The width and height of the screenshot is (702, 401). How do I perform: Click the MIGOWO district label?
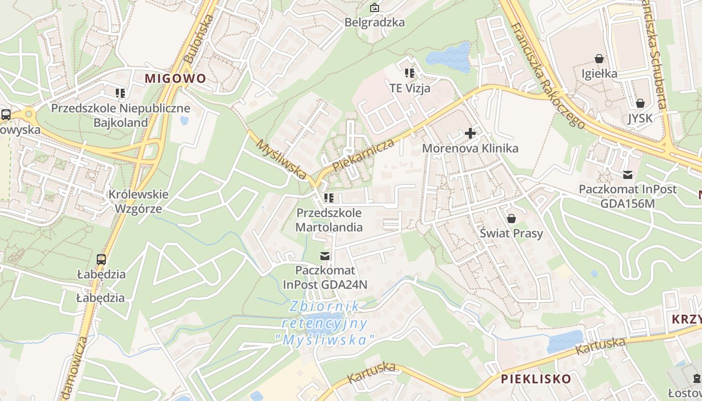tap(175, 79)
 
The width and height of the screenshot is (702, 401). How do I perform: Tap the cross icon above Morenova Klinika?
tap(470, 133)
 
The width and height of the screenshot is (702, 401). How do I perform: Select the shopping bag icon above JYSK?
tap(640, 104)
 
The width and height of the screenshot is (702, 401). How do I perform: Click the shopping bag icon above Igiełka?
tap(599, 59)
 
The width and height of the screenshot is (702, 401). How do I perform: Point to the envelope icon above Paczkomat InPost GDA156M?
tap(627, 175)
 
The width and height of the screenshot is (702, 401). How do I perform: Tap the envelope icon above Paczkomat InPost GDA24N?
tap(325, 256)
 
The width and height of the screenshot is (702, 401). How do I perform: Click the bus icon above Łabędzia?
tap(101, 259)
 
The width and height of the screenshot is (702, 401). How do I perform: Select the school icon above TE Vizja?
tap(410, 73)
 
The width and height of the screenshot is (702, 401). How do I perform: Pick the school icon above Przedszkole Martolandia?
tap(328, 198)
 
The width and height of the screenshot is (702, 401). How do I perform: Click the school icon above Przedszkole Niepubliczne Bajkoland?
tap(120, 93)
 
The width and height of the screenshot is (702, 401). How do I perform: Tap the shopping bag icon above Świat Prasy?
tap(511, 219)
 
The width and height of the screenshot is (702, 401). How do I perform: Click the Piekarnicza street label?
tap(363, 155)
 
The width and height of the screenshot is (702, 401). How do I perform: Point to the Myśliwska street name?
tap(281, 159)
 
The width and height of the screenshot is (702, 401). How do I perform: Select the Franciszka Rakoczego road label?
tap(548, 75)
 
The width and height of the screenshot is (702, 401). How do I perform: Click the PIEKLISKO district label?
tap(536, 379)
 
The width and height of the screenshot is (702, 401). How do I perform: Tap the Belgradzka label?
tap(375, 23)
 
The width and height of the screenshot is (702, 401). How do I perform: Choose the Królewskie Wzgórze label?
tap(139, 202)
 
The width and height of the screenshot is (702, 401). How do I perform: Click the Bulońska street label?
tap(199, 39)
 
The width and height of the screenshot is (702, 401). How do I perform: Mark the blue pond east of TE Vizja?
tap(449, 57)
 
